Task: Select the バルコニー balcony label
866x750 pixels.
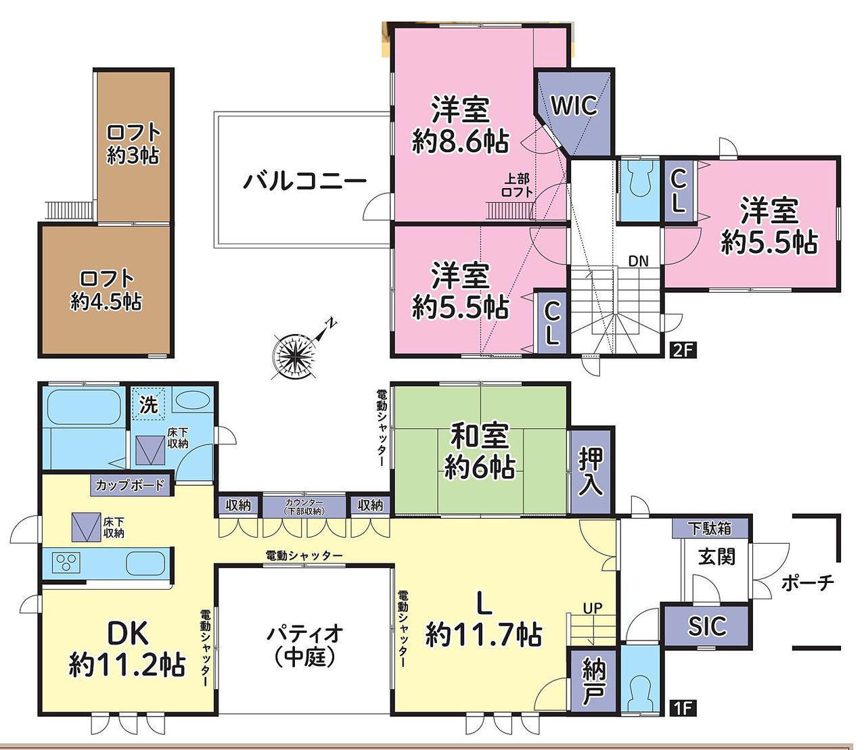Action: point(305,181)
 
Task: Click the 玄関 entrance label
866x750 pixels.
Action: point(716,557)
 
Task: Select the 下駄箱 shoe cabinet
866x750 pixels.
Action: point(710,528)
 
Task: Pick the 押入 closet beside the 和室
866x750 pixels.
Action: point(591,471)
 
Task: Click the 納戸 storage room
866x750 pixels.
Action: point(593,680)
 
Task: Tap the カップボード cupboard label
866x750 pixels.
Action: point(130,486)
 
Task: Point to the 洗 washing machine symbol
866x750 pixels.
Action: point(149,404)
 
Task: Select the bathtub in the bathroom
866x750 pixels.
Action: point(84,408)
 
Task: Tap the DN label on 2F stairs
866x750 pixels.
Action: point(638,261)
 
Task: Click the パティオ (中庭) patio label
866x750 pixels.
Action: point(305,646)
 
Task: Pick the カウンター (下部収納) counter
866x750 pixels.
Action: point(304,506)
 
